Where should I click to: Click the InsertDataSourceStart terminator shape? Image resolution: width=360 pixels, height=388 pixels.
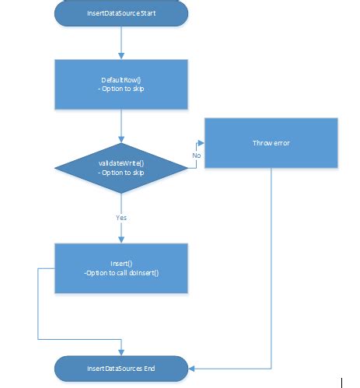[121, 13]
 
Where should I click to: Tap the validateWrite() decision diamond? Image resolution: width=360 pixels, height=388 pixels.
[121, 167]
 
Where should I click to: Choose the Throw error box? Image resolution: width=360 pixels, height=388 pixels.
[271, 144]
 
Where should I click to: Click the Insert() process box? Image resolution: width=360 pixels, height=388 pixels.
[121, 269]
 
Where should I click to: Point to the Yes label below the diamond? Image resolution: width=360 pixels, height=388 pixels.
[121, 218]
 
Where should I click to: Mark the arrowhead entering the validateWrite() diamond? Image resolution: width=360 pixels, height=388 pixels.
[121, 138]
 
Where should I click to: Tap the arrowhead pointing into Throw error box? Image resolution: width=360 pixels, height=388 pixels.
[201, 144]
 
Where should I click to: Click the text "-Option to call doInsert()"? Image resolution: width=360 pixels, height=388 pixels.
[121, 274]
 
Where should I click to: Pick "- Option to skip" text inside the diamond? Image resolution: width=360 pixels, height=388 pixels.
[121, 173]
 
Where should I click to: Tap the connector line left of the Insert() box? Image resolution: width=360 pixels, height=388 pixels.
[39, 303]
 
